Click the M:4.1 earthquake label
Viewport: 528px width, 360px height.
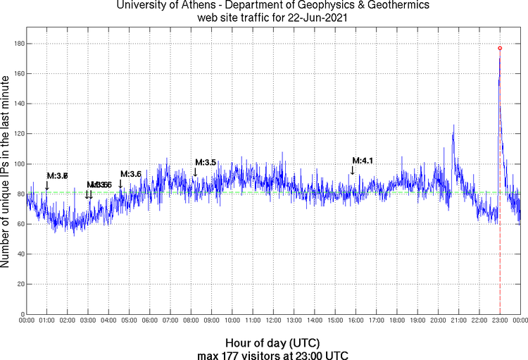[362, 161]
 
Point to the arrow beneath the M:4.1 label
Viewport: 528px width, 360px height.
[353, 170]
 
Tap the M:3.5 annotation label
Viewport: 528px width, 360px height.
[205, 162]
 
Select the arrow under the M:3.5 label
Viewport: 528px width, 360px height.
[196, 172]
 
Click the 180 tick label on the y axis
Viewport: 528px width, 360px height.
[18, 44]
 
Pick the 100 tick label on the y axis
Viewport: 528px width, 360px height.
[18, 164]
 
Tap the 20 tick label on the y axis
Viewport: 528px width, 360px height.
[20, 284]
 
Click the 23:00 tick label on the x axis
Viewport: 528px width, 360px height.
[500, 321]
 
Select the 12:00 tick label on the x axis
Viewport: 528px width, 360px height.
[273, 321]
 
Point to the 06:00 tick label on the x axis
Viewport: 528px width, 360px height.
[150, 321]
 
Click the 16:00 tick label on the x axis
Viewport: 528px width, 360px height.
[356, 321]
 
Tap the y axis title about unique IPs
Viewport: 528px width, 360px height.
[6, 173]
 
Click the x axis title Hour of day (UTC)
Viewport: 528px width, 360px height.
[273, 343]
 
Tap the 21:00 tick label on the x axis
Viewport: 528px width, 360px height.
[458, 321]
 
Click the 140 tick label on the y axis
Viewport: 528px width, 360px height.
[18, 104]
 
